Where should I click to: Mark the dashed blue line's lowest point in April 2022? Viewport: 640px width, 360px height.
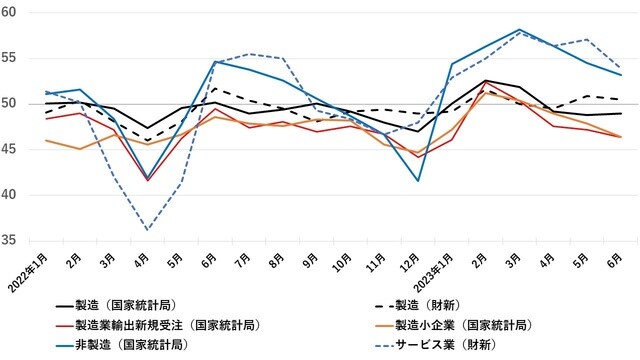pos(148,230)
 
